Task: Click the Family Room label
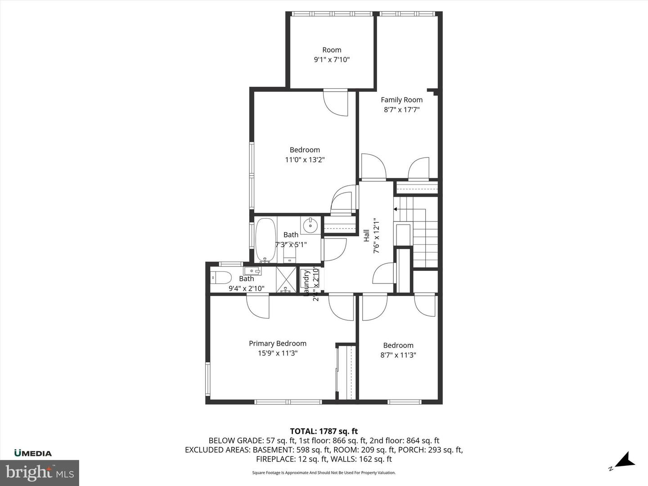(401, 100)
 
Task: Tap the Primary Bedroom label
(278, 343)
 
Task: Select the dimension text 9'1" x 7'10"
(332, 59)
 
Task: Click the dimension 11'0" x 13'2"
(305, 159)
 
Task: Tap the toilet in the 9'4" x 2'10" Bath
(221, 277)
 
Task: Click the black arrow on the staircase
(396, 209)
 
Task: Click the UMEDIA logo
(33, 453)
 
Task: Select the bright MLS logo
(40, 472)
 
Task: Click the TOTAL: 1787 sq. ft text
(324, 431)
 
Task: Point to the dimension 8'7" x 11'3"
(398, 355)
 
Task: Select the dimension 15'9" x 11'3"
(278, 353)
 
